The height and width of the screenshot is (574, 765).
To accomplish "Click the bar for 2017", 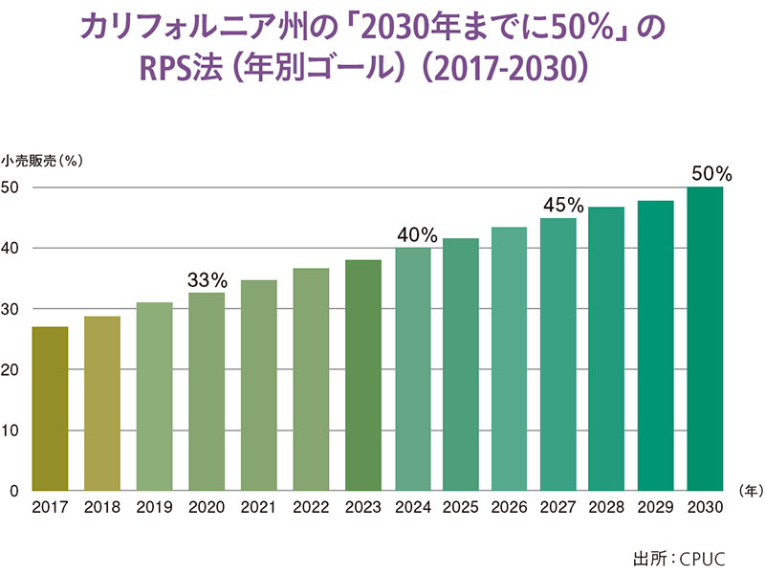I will pos(50,408).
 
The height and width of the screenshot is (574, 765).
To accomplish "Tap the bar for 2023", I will pos(362,375).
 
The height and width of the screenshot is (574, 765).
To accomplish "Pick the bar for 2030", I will pos(706,339).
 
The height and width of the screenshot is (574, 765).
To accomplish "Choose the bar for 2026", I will pos(509,359).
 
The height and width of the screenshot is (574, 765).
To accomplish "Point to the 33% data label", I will pos(207,280).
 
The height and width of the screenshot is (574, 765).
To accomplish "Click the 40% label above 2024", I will pos(417,235).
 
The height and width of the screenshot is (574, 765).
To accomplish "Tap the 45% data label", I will pos(563,206).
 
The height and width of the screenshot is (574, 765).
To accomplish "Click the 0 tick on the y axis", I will pos(14,491).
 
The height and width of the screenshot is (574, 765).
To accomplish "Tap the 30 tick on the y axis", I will pos(11,309).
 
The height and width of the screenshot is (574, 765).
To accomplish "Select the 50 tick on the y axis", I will pos(11,188).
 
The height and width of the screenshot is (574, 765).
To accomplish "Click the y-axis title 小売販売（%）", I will pos(42,161).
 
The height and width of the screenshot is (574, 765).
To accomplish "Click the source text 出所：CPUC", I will pos(677,555).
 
